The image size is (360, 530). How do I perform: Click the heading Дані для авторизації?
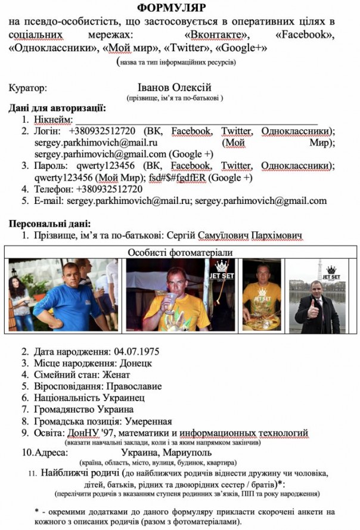pos(57,109)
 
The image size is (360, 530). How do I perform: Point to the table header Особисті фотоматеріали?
pos(181,252)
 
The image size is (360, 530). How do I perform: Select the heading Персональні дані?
pos(49,224)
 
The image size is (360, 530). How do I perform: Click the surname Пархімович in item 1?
pos(275,235)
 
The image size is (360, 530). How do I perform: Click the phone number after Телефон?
pos(109,189)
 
